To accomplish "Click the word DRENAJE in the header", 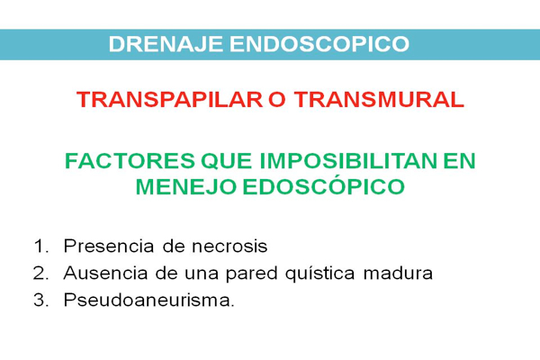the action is pos(166,44).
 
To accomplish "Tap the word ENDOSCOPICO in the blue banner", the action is pos(319,44).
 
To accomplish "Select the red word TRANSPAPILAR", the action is pos(170,100).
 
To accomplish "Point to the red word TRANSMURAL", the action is pos(379,100).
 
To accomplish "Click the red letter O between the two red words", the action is pos(277,100).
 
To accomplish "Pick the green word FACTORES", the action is pos(130,161).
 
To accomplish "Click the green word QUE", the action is pos(226,161).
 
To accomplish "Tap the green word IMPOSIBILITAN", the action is pos(347,161).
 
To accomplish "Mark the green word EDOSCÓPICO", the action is pos(324,186).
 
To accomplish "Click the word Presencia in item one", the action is pos(109,247).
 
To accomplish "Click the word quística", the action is pos(320,274).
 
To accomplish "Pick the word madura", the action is pos(398,274).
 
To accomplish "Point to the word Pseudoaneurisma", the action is pos(148,300).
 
